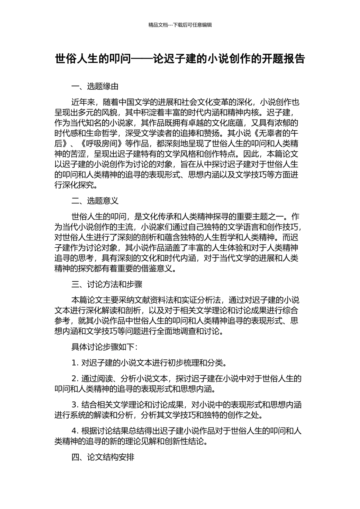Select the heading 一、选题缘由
[95, 86]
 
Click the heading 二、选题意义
[95, 201]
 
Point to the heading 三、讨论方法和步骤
[107, 284]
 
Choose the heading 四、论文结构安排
[103, 457]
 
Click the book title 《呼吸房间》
[101, 144]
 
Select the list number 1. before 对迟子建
[74, 363]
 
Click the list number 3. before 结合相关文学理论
[74, 404]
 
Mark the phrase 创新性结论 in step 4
[187, 441]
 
